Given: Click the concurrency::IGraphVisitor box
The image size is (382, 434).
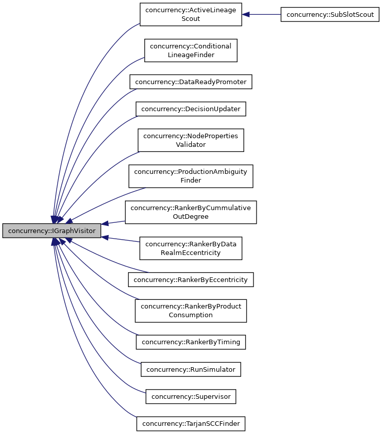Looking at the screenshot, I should (52, 231).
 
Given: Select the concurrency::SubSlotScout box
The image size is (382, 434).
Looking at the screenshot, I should (330, 14).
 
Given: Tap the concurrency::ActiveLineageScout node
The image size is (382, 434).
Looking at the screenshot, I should (191, 15).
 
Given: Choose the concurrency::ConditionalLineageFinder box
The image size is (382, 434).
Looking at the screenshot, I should (191, 50).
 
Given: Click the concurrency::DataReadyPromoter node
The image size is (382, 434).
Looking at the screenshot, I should (191, 82).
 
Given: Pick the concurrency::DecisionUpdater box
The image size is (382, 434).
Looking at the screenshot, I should (191, 109).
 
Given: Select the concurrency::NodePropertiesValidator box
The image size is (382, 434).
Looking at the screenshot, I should (191, 140).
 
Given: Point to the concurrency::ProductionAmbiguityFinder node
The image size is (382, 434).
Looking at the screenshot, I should (191, 176).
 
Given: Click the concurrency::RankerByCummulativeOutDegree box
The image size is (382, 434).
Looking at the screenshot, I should (191, 212).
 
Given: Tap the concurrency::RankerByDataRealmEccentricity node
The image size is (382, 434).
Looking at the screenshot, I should (191, 248).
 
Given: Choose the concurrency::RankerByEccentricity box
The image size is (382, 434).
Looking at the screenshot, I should (191, 279).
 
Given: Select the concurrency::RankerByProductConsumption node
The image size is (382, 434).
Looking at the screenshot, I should (191, 311).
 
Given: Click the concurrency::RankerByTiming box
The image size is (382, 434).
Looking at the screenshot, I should (191, 342).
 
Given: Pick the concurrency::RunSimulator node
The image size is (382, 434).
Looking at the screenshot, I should (191, 369).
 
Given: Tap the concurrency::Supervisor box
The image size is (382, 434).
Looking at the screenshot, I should (191, 396).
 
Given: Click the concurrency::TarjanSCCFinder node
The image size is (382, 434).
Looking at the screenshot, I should (191, 423).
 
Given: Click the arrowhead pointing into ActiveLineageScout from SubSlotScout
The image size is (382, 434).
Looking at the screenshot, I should (246, 15).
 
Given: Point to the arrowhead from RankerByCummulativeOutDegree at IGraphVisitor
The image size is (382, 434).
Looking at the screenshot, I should (105, 224).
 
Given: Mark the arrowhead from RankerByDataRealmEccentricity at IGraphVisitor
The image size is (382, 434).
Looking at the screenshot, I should (105, 237).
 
